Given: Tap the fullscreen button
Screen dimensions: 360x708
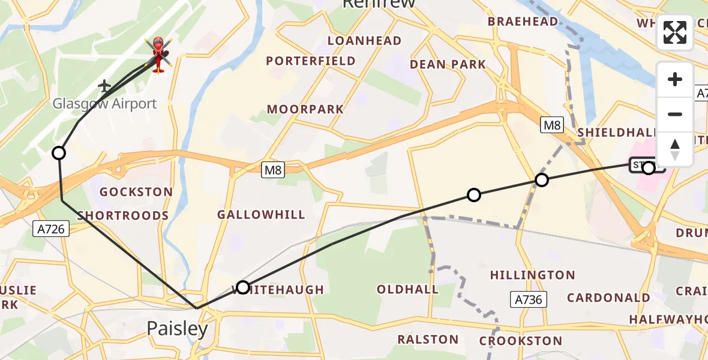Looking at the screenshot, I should (675, 32).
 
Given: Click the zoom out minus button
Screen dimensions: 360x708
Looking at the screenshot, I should (675, 114).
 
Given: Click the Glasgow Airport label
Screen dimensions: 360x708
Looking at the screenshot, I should (104, 103).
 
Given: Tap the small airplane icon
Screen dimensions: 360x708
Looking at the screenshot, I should (105, 86).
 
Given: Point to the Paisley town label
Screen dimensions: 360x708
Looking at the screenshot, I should (178, 328).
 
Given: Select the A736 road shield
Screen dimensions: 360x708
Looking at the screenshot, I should (529, 299).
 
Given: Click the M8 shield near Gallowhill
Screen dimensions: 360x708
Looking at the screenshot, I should (273, 170).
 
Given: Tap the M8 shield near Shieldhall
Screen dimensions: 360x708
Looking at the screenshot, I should (552, 125).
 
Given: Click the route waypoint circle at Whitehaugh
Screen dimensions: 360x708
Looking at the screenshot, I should (242, 287).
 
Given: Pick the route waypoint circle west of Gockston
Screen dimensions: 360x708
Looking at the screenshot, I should (59, 153).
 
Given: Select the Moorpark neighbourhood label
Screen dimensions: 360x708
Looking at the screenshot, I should (305, 109).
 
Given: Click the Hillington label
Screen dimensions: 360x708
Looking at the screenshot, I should (532, 275).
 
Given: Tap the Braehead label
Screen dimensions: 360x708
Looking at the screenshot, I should (523, 22).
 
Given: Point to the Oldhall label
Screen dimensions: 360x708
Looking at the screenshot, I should (407, 289).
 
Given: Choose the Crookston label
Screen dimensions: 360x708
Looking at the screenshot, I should (521, 341).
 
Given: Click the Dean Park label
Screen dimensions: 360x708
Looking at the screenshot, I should (448, 64).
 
